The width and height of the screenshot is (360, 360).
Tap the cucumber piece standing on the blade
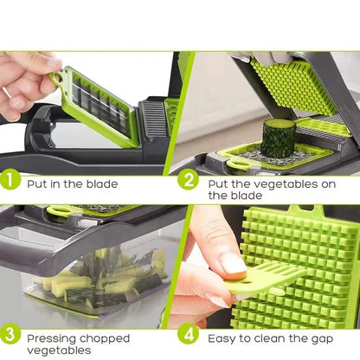click(278, 138)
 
